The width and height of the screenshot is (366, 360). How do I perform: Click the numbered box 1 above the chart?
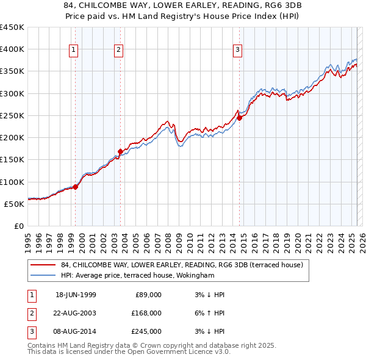pos(74,50)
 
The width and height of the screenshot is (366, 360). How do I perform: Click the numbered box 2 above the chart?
pos(118,50)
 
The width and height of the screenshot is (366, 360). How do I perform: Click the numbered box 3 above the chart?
pos(237,50)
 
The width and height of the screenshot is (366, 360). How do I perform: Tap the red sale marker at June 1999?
pos(76,187)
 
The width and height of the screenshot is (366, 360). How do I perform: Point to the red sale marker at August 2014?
pos(239,118)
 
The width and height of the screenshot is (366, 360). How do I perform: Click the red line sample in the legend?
pos(43,265)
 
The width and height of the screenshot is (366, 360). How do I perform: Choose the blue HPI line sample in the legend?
pos(43,275)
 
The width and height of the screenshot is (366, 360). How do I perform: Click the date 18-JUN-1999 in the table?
pos(76,295)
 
